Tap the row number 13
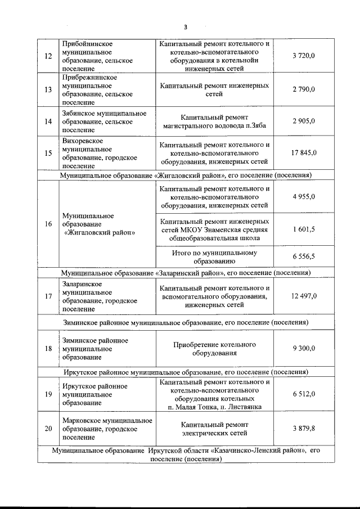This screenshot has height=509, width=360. (x=48, y=89)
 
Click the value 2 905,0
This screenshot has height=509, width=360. (x=304, y=121)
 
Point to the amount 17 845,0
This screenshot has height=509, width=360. (x=304, y=153)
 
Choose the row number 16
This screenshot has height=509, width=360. (x=48, y=224)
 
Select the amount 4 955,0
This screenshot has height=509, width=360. (x=304, y=197)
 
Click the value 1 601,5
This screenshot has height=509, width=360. (x=304, y=229)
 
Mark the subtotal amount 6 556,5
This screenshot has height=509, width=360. (x=304, y=256)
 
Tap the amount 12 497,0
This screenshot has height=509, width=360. (x=304, y=296)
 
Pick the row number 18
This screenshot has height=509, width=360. (x=48, y=349)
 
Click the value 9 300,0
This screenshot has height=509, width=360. (x=304, y=349)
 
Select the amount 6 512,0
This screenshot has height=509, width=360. (x=304, y=394)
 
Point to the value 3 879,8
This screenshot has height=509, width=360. (x=304, y=429)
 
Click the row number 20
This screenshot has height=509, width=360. (x=48, y=429)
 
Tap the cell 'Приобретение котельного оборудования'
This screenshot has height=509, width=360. (x=214, y=349)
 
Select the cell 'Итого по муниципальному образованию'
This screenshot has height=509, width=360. (x=214, y=256)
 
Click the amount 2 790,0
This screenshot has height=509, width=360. (x=304, y=89)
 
